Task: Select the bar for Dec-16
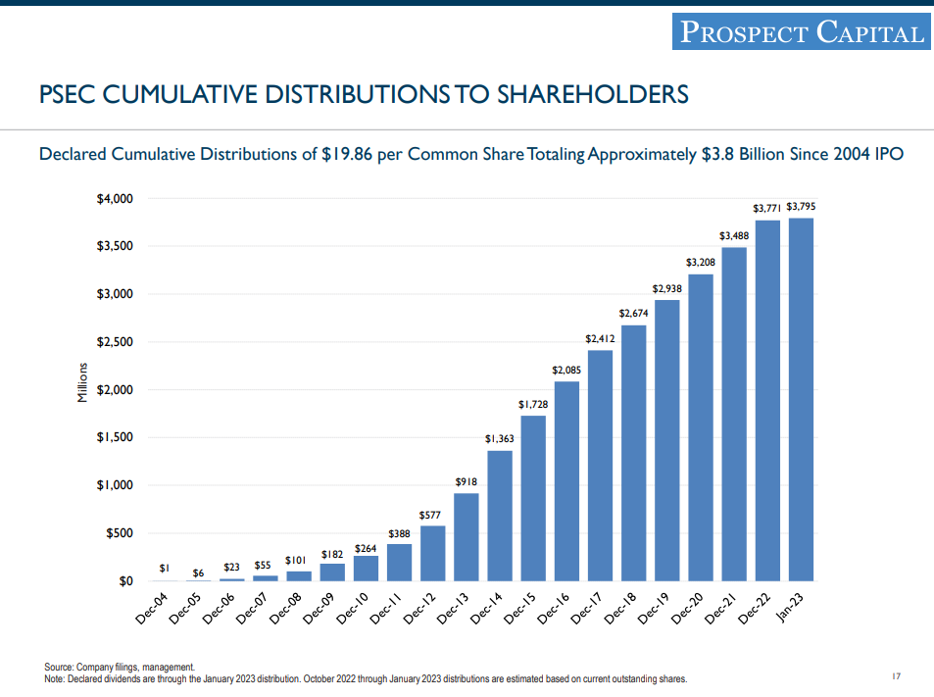point(566,480)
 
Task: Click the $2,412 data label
point(599,338)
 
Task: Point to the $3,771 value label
point(766,208)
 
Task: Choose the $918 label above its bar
point(466,481)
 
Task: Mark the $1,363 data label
point(499,439)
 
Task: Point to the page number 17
point(896,675)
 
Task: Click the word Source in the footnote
point(58,667)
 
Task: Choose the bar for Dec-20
point(700,427)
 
